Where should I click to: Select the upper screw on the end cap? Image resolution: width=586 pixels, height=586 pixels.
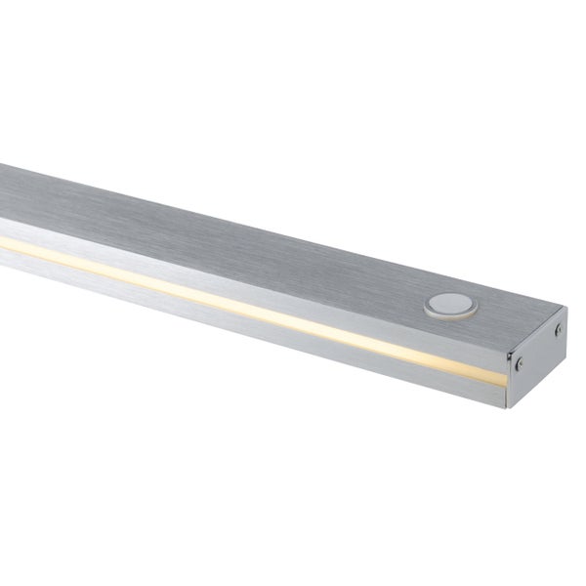[x=559, y=330]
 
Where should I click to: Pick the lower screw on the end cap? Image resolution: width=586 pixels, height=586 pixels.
[x=521, y=364]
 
